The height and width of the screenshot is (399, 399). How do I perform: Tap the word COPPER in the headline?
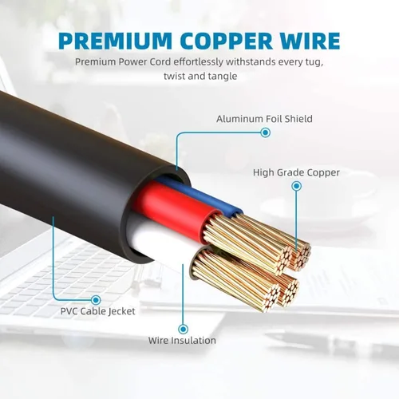click(x=227, y=41)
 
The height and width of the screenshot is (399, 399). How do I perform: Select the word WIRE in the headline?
click(x=310, y=41)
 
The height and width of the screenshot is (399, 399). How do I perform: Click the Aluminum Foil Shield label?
click(x=264, y=119)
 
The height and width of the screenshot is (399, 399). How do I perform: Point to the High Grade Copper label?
click(x=296, y=172)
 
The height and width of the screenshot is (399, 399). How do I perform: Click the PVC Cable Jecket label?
click(x=97, y=311)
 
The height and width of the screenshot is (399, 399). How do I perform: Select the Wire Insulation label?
click(x=182, y=341)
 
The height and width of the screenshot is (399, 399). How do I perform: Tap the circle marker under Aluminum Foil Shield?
click(x=265, y=132)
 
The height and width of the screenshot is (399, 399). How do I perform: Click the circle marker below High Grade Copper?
click(x=296, y=186)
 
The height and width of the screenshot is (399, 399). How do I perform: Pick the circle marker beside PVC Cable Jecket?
click(x=96, y=300)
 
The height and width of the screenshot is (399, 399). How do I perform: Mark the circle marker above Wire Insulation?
click(x=183, y=329)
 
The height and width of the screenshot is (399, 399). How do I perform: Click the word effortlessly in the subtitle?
click(x=199, y=62)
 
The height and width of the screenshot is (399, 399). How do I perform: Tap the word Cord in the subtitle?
click(x=160, y=62)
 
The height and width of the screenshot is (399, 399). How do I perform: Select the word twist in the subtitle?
click(x=174, y=76)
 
